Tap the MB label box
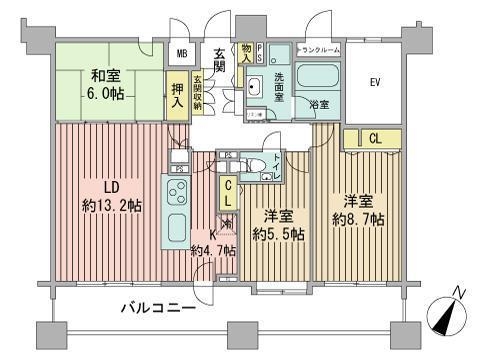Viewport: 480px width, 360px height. click(x=183, y=55)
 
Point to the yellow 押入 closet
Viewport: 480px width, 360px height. click(x=177, y=96)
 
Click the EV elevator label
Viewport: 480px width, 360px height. click(x=376, y=82)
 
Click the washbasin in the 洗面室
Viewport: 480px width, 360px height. click(x=254, y=88)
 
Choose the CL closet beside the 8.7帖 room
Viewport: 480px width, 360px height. click(x=373, y=139)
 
